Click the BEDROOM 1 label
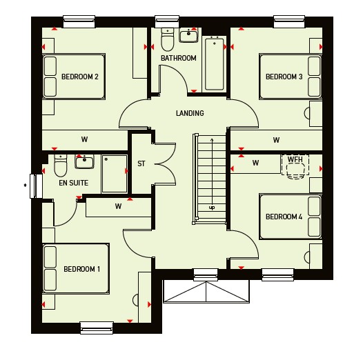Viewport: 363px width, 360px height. coord(81,269)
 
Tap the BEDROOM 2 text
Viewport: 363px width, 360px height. coord(80,77)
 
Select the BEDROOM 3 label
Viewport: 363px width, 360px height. coord(284,77)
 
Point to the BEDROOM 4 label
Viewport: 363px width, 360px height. coord(284,217)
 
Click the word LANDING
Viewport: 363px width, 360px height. coord(190,113)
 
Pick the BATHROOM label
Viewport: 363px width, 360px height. coord(179,58)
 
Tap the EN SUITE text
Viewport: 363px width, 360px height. coord(74,183)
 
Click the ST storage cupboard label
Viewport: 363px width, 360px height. coord(141,164)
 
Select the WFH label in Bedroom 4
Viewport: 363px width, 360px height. coord(295,159)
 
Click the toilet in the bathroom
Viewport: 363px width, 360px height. coord(168,39)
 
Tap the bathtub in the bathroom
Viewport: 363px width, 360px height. coord(215,63)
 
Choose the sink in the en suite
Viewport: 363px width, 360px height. coord(84,161)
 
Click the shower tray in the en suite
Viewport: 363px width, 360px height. coord(115,174)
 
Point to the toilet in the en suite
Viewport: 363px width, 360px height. coord(61,166)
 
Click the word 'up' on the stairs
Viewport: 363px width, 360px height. coord(212,208)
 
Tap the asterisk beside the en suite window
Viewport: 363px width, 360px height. coord(25,186)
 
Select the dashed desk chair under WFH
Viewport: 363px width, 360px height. coord(295,171)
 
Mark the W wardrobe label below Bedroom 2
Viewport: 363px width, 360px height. coord(84,139)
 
